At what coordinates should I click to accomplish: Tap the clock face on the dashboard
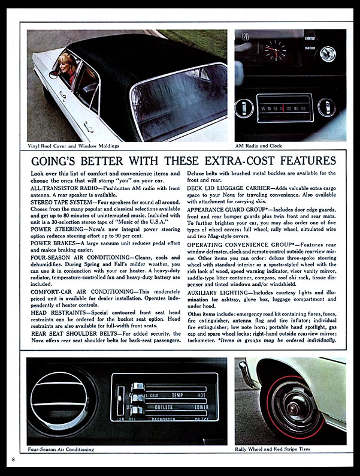(276, 51)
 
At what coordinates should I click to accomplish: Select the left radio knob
(244, 109)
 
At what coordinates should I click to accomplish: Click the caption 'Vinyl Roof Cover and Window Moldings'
(73, 146)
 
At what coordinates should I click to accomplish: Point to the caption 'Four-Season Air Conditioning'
(61, 449)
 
